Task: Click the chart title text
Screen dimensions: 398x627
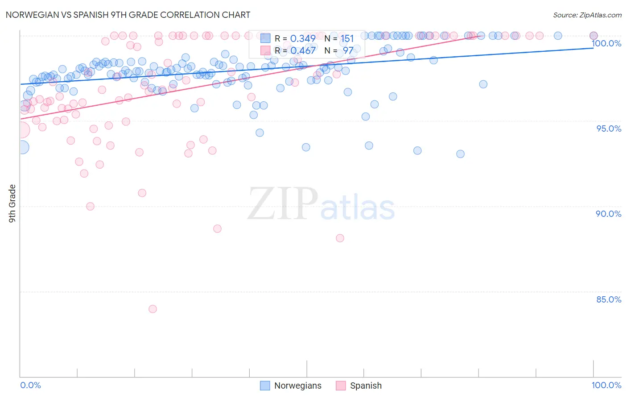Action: click(x=128, y=15)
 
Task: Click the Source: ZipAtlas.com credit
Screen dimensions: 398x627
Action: click(x=587, y=15)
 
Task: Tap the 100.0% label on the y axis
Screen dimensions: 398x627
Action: click(x=606, y=43)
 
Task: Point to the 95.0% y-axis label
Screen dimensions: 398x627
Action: click(x=608, y=129)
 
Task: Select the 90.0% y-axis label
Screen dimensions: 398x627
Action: click(x=608, y=214)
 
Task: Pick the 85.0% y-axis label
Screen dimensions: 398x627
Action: click(x=608, y=299)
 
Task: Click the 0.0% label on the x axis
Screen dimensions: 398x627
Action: click(x=30, y=385)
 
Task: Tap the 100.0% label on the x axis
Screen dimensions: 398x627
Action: click(x=606, y=385)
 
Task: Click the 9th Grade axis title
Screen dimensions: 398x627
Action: click(x=12, y=203)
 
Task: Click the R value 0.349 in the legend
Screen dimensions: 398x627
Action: click(x=303, y=39)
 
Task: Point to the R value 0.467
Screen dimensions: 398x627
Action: click(x=303, y=50)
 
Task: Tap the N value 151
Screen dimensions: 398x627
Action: click(x=347, y=39)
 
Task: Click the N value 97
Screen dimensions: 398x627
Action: click(x=348, y=50)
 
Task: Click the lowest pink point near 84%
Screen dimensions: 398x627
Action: click(x=153, y=309)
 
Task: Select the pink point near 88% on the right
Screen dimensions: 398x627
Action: click(x=340, y=238)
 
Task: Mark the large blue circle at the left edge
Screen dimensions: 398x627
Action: click(x=22, y=147)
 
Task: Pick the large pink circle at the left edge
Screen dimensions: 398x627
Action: click(x=21, y=130)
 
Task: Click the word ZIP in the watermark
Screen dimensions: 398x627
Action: click(x=282, y=204)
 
